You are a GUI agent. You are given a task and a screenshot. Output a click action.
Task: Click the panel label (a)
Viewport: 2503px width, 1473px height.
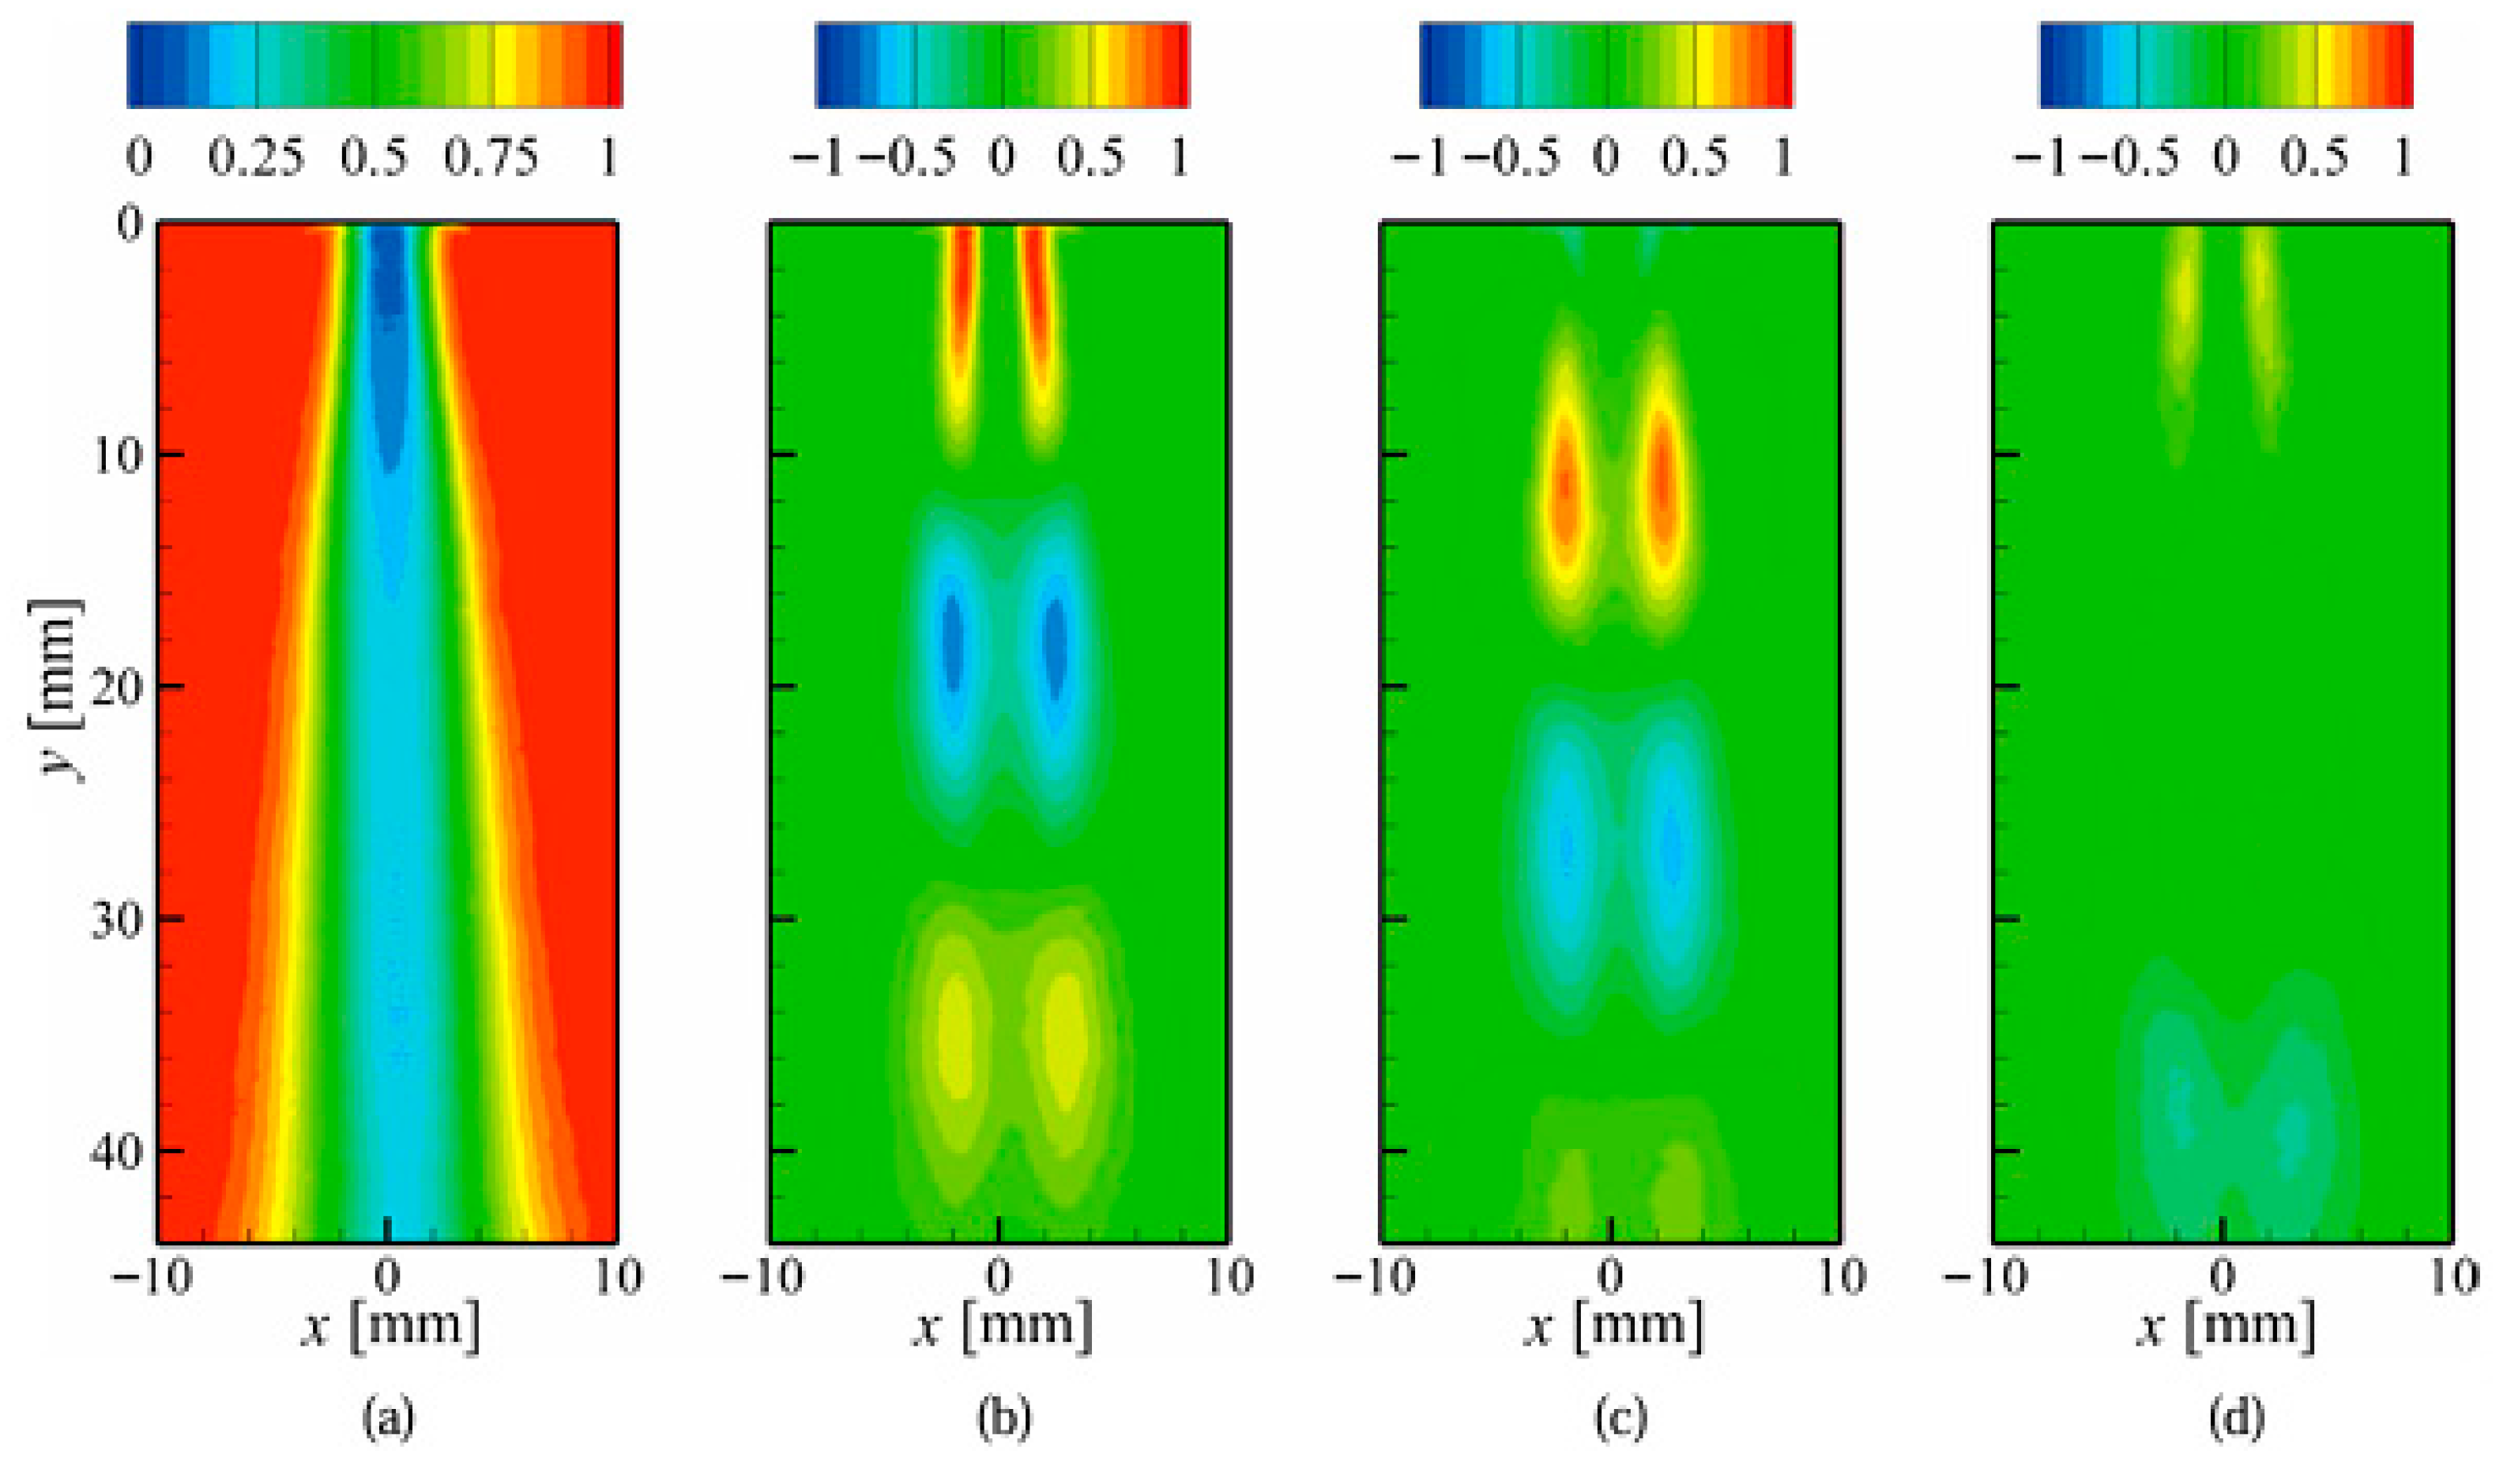click(389, 1419)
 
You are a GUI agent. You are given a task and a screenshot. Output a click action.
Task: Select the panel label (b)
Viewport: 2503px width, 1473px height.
click(1003, 1419)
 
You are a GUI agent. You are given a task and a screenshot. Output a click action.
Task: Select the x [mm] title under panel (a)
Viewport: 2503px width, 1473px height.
click(390, 1326)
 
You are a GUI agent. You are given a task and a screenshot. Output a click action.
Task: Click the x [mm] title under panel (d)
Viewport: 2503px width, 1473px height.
click(2224, 1326)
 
